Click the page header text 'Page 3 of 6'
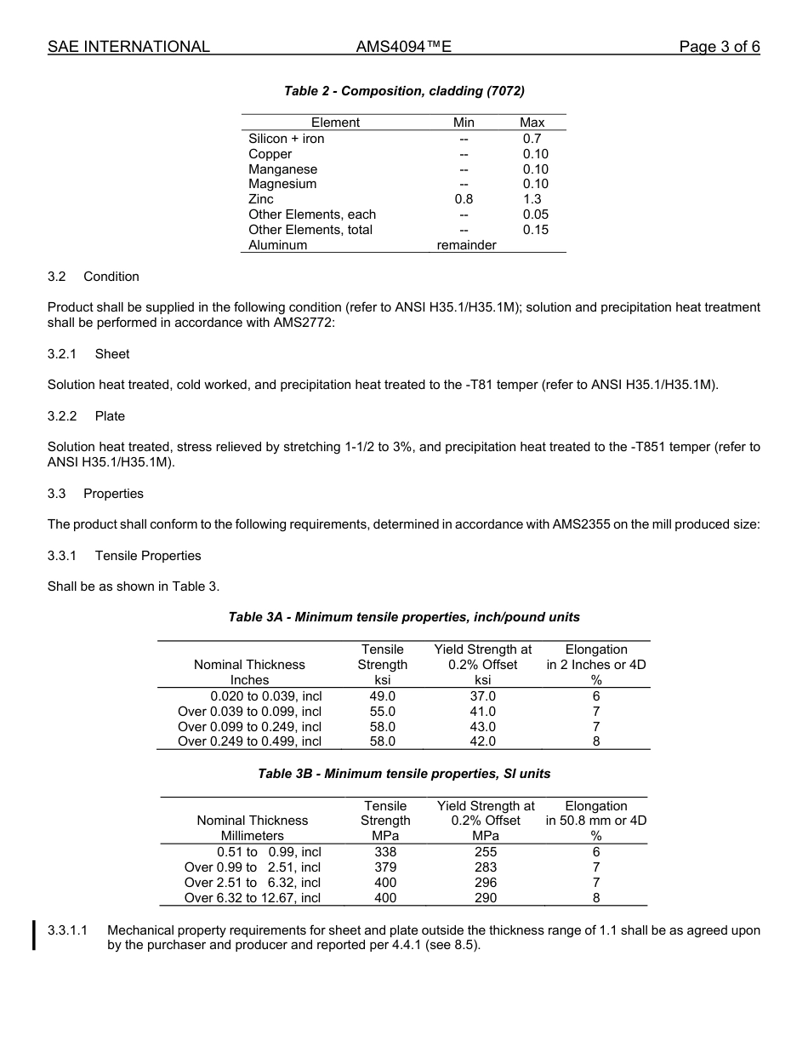click(719, 47)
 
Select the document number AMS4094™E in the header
click(403, 47)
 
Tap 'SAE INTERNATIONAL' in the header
click(128, 47)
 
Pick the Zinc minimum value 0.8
click(464, 199)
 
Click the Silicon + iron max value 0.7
click(532, 139)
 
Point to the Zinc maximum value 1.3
click(532, 199)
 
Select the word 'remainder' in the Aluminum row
click(466, 245)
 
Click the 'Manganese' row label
click(282, 169)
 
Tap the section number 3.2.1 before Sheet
click(62, 354)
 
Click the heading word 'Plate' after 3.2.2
click(110, 416)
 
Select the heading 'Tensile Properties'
click(148, 556)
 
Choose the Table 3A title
click(404, 617)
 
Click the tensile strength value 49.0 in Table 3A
click(382, 696)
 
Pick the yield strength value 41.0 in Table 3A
click(482, 712)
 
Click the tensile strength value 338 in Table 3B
click(385, 852)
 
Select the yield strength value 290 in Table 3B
click(486, 898)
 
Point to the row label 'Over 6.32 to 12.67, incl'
click(253, 898)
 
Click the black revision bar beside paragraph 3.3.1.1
click(34, 935)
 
